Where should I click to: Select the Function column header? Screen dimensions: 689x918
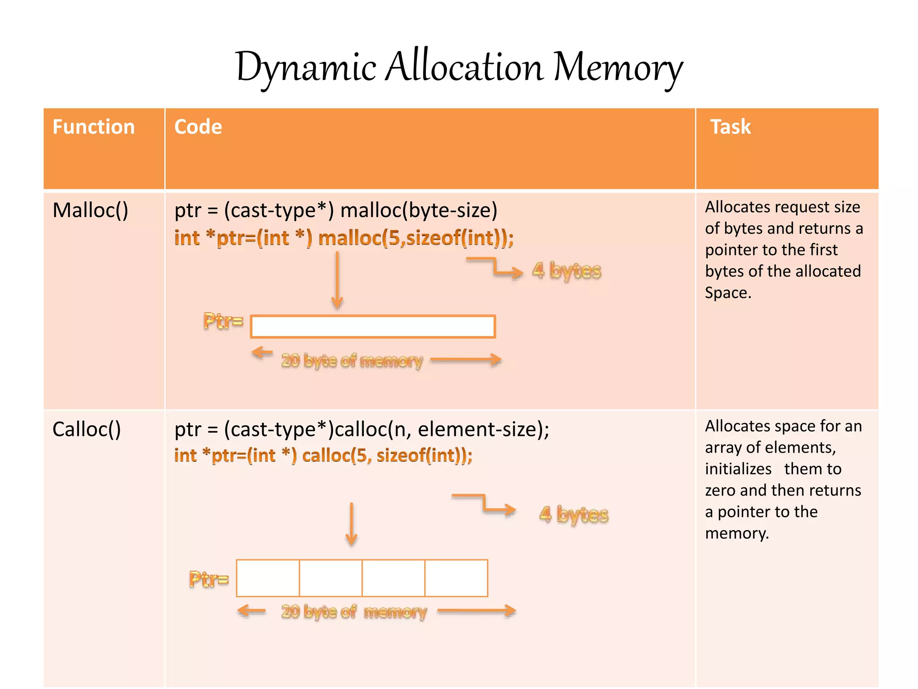point(94,127)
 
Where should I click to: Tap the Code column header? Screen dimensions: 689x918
point(198,127)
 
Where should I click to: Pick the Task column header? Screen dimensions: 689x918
point(730,127)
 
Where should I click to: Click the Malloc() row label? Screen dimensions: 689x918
point(90,210)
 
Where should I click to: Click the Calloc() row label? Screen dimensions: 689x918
point(87,429)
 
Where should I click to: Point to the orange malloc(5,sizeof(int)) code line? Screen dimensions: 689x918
point(344,238)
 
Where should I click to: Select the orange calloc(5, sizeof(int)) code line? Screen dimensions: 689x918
point(323,455)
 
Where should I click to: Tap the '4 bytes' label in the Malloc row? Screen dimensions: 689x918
point(567,270)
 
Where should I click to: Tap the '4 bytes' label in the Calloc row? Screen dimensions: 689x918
point(574,514)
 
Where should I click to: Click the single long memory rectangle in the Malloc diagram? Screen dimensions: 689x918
point(372,327)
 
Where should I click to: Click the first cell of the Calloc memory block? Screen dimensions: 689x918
point(268,578)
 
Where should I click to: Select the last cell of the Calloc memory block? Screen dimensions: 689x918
point(456,578)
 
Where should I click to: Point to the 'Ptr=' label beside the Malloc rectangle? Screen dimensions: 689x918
point(223,321)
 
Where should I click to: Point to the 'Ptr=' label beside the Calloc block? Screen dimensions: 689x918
point(209,579)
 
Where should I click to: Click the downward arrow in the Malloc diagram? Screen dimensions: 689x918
point(337,280)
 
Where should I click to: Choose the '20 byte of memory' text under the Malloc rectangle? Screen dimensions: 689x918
point(352,361)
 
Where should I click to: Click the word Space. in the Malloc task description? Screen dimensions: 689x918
point(727,293)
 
